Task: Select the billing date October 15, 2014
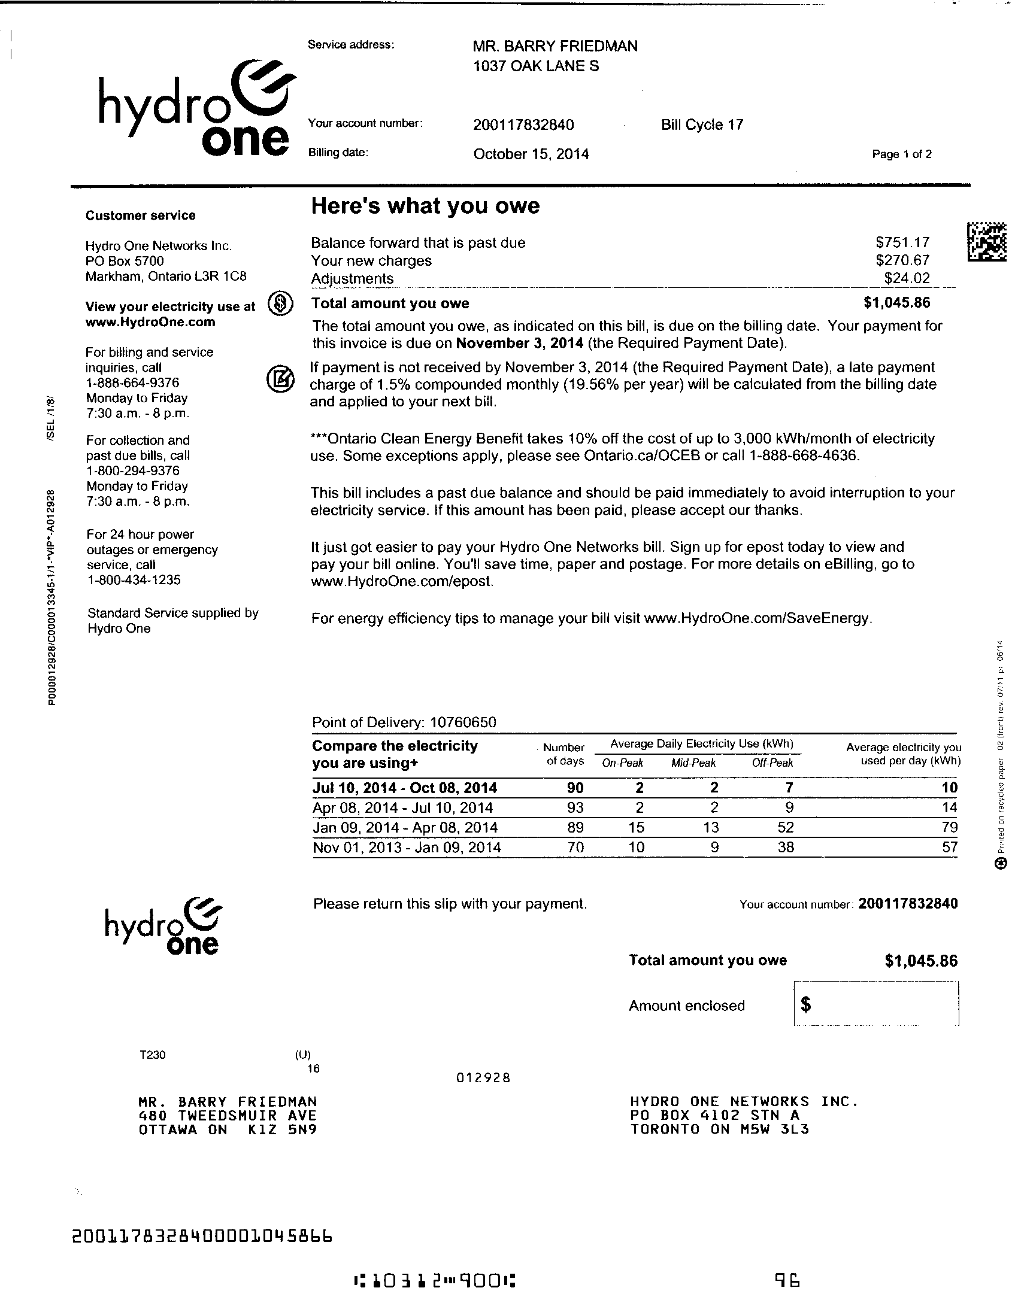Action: [531, 154]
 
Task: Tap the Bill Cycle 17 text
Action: [701, 124]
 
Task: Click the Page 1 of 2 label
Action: [901, 154]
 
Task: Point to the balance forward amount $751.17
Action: [902, 242]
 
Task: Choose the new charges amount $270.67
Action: [902, 260]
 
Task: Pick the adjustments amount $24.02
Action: [907, 278]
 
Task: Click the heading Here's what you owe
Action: [425, 205]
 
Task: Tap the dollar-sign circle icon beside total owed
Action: [280, 303]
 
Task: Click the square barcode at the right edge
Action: [986, 242]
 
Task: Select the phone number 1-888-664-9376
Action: [132, 382]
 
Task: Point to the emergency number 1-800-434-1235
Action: [134, 579]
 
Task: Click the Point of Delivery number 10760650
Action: [463, 722]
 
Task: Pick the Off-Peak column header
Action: [772, 763]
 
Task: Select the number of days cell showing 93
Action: [575, 807]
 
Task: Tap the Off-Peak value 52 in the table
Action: [785, 827]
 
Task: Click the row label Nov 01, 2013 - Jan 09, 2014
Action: [407, 847]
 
